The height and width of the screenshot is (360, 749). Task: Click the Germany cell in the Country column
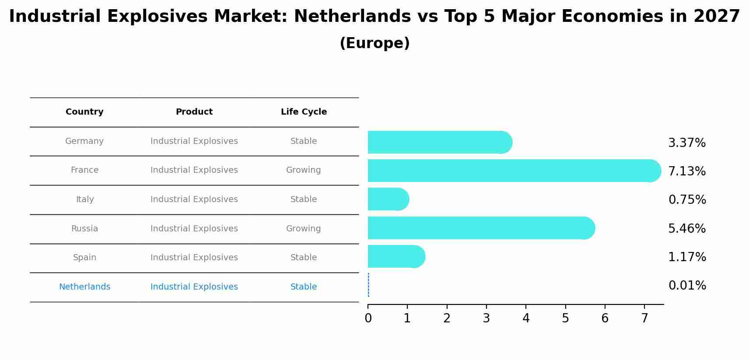pos(84,141)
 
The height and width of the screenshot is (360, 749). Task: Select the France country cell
pos(84,170)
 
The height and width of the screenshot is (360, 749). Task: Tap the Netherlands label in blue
pos(84,287)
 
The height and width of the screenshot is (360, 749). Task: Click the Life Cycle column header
pos(304,112)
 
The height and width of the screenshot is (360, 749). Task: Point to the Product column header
pos(194,112)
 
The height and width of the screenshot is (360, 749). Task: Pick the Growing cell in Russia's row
pos(303,229)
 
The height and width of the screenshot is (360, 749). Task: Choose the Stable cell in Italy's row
pos(303,199)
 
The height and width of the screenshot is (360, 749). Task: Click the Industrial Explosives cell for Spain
pos(194,258)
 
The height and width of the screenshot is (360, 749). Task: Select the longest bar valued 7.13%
pos(512,171)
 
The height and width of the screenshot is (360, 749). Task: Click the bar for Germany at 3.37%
pos(437,142)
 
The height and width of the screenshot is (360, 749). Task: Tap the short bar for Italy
pos(387,199)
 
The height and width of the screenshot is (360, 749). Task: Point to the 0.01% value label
pos(687,286)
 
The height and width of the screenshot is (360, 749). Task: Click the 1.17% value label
pos(687,257)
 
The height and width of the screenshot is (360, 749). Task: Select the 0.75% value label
pos(687,200)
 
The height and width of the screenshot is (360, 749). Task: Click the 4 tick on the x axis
pos(526,318)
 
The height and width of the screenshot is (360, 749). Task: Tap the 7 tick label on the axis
pos(644,318)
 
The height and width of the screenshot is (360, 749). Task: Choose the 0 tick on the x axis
pos(368,318)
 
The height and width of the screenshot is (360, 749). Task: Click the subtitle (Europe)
pos(374,43)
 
